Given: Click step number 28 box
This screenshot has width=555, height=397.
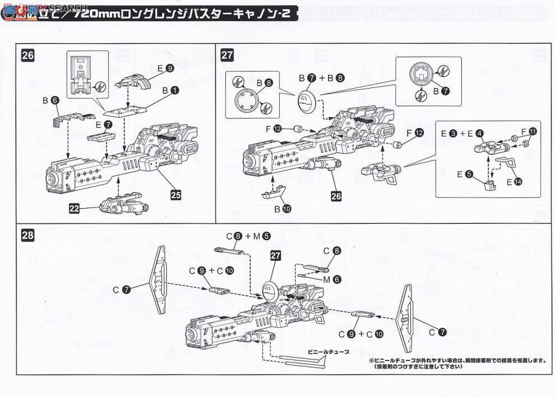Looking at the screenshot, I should point(27,236).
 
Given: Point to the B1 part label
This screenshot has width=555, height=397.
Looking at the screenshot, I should point(171,89).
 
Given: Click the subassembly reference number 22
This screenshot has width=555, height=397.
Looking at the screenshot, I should point(75,208).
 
